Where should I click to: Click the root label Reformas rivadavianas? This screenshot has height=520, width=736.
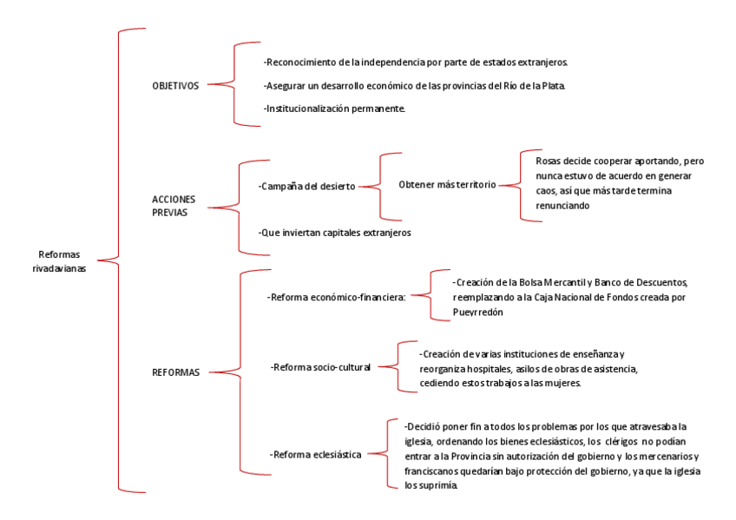coord(62,260)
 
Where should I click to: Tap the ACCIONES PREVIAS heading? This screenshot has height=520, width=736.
coord(174,205)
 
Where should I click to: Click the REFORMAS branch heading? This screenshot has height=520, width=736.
coord(176,372)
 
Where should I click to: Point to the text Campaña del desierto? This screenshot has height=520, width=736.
coord(306,187)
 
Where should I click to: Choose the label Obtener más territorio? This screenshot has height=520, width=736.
coord(446,186)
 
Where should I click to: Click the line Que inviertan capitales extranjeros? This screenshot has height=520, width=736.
coord(334,233)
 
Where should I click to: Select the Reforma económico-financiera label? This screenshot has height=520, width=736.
coord(337,297)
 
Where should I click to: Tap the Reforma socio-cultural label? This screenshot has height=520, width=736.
coord(320,367)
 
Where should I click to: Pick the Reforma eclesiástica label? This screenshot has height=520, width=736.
coord(316,454)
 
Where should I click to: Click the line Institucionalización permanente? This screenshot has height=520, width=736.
coord(333,108)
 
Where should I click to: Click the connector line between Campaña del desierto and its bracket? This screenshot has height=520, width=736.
coord(368,187)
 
